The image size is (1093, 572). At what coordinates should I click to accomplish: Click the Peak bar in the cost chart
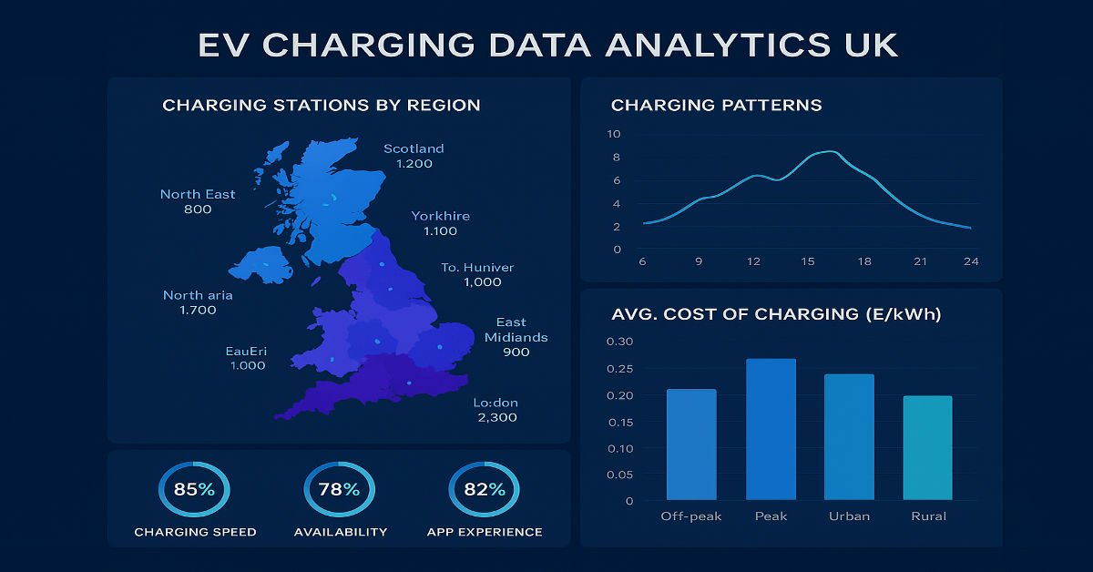point(771,429)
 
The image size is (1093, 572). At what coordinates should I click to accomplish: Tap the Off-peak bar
point(691,444)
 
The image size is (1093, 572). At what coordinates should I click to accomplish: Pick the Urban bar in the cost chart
point(849,436)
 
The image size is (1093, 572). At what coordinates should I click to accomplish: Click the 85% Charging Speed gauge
point(194,490)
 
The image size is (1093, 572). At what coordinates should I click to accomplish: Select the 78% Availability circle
point(339,490)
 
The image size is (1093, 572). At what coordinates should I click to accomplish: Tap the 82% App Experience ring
point(484,490)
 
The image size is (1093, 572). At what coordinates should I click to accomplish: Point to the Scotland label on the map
point(414,148)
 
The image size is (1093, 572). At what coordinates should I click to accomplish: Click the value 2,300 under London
point(496,417)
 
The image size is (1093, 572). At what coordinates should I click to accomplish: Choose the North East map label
point(198,194)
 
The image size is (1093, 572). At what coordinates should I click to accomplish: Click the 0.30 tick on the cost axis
point(622,342)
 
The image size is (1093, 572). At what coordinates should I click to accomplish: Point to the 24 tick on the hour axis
point(971,262)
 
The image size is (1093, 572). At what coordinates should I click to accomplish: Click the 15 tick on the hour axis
point(809,262)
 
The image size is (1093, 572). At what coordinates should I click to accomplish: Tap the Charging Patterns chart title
point(716,106)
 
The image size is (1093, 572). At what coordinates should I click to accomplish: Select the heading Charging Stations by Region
point(321,106)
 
